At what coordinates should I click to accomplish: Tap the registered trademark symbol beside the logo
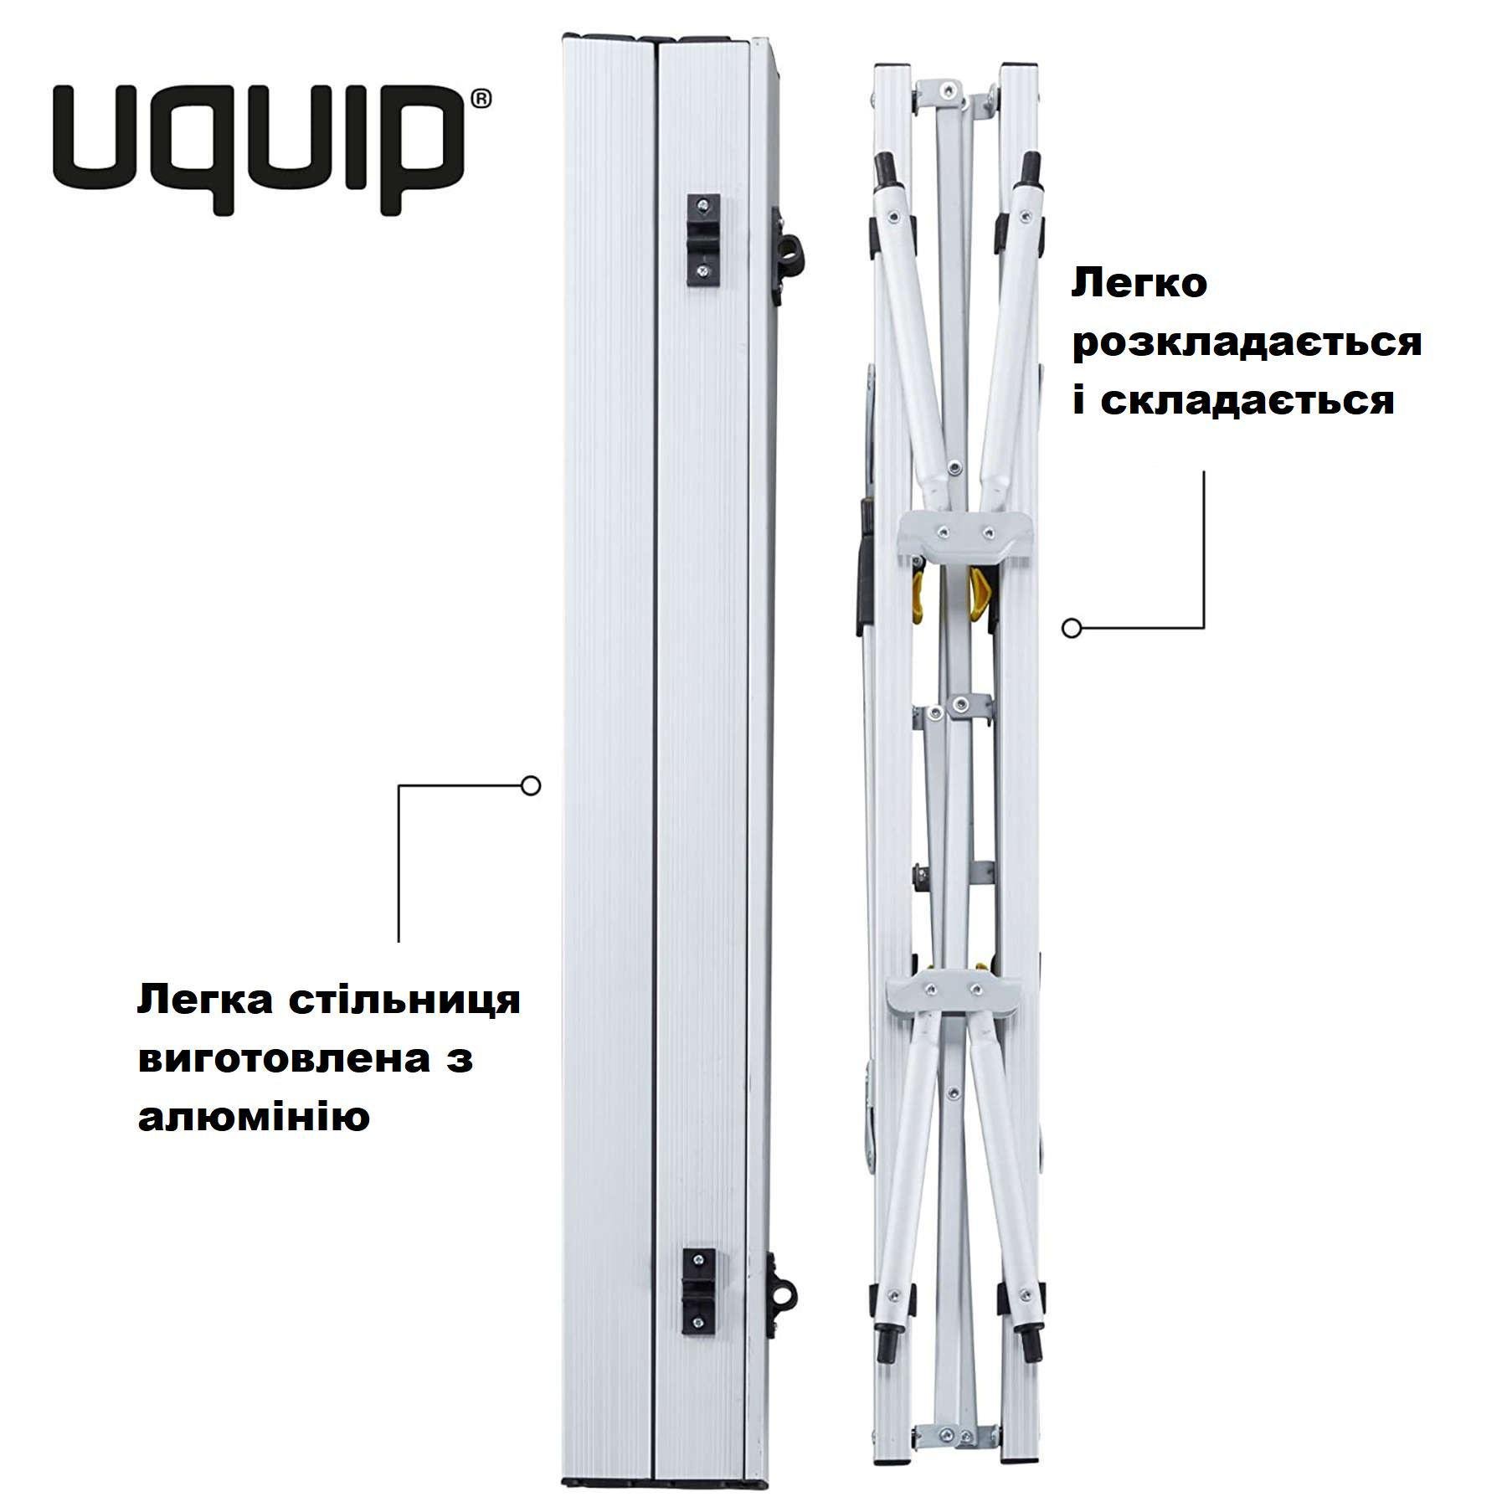coord(481,99)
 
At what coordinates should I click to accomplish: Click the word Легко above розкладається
coord(1139,283)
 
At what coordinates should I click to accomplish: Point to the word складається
coord(1247,400)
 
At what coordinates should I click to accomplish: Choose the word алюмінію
coord(254,1117)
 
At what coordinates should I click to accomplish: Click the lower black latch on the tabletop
coord(699,1290)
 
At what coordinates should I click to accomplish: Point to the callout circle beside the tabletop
coord(530,786)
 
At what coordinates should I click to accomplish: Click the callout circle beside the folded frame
coord(1072,627)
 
